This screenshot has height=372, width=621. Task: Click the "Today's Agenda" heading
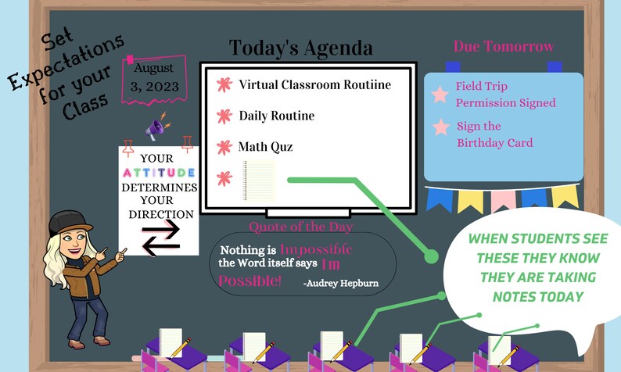pyautogui.click(x=300, y=48)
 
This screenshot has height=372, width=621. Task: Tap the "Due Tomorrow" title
pyautogui.click(x=504, y=47)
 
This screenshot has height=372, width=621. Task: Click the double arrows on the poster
pyautogui.click(x=160, y=238)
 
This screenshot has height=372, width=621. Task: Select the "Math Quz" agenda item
pyautogui.click(x=266, y=146)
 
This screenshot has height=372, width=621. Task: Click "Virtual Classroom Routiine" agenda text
pyautogui.click(x=314, y=84)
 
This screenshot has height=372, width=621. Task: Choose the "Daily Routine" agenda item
pyautogui.click(x=276, y=116)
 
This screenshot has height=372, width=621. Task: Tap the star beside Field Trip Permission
pyautogui.click(x=440, y=94)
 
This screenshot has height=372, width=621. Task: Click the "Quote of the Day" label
pyautogui.click(x=300, y=227)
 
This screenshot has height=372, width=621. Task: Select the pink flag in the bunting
pyautogui.click(x=503, y=199)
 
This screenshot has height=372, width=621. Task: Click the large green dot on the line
pyautogui.click(x=430, y=256)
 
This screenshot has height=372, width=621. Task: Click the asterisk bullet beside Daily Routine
pyautogui.click(x=224, y=116)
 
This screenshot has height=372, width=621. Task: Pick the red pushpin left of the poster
pyautogui.click(x=128, y=144)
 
